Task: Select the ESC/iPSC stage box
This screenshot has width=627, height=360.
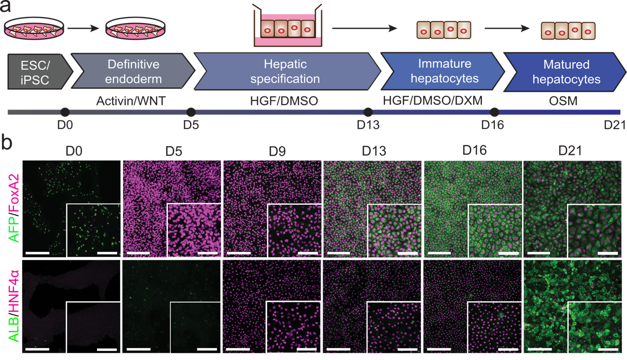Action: click(35, 71)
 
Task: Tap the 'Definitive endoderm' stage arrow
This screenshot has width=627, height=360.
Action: click(134, 71)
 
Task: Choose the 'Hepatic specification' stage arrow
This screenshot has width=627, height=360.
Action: click(285, 71)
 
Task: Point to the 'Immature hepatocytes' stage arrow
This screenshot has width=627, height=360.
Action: click(444, 71)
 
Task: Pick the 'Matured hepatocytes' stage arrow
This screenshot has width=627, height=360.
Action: click(566, 71)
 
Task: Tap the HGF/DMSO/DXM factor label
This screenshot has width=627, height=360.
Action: click(432, 101)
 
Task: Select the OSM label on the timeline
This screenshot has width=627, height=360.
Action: click(563, 101)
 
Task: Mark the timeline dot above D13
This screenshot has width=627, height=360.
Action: click(368, 112)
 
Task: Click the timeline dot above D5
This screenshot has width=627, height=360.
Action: click(190, 112)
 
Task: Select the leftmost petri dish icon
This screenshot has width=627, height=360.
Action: click(34, 30)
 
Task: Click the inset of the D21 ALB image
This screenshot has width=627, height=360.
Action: click(595, 328)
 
